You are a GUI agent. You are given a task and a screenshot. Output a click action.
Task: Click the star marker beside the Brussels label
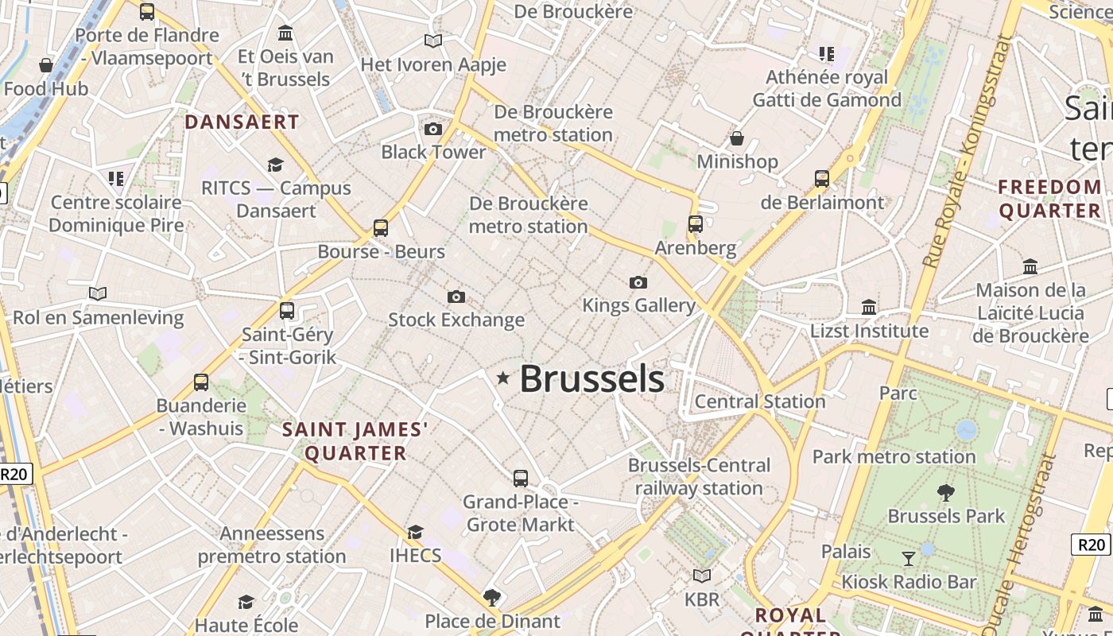[502, 378]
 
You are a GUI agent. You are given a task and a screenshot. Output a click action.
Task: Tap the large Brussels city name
[591, 379]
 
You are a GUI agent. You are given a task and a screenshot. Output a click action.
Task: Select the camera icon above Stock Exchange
[456, 297]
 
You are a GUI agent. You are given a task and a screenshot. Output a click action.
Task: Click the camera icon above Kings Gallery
[638, 282]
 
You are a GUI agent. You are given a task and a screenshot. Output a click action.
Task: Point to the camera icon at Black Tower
[433, 129]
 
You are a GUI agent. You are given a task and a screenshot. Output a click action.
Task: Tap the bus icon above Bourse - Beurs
[381, 228]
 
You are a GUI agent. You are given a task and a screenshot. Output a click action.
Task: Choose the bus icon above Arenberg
[696, 224]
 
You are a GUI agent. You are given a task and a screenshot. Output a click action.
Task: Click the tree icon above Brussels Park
[946, 492]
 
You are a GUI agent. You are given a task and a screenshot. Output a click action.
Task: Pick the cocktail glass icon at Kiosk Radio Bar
[908, 558]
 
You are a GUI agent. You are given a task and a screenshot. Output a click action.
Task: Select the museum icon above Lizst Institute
[869, 307]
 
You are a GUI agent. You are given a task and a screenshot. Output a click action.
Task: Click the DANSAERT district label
[242, 122]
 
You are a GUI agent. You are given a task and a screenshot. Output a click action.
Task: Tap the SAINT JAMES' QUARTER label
[355, 442]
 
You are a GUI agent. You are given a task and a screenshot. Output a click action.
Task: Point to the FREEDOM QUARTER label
[1050, 199]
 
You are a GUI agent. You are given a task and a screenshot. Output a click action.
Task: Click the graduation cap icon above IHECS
[415, 532]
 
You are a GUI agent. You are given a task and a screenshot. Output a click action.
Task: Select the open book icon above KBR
[701, 576]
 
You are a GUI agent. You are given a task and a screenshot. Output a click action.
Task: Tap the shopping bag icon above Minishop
[737, 138]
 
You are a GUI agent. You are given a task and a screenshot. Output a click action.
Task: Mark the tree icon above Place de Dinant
[492, 597]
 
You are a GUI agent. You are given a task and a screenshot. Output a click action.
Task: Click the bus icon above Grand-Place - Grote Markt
[521, 479]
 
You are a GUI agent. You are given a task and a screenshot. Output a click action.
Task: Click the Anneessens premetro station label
[272, 545]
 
